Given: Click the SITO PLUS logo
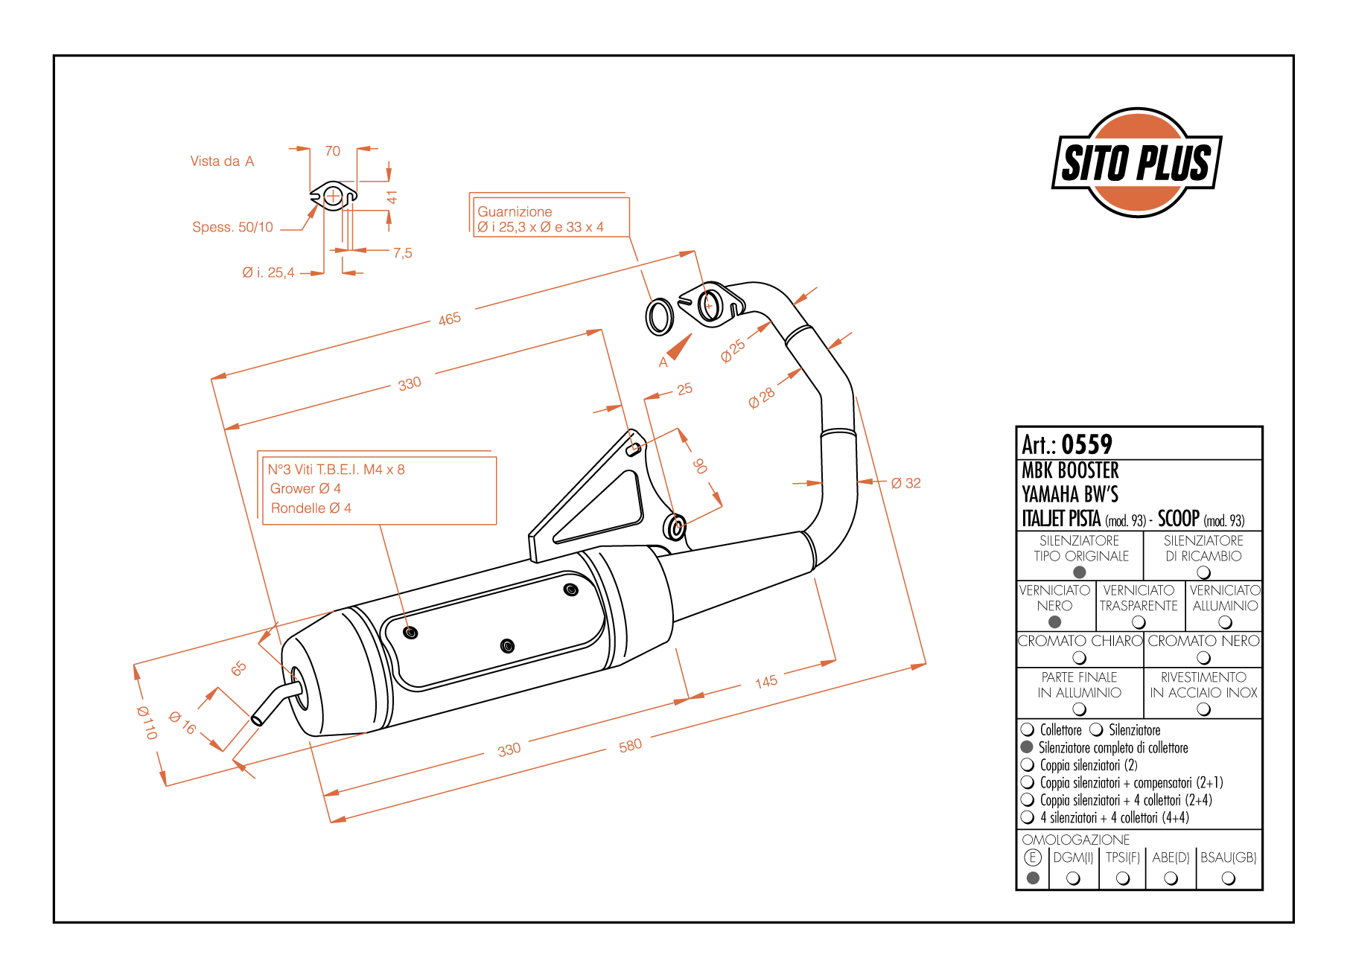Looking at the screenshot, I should [1136, 162].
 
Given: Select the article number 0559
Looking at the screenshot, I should [1086, 445].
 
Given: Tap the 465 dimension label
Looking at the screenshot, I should [450, 319].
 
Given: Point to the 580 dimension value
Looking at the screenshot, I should [630, 745].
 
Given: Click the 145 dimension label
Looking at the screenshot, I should [766, 682].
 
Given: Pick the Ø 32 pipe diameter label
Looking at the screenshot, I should [905, 483].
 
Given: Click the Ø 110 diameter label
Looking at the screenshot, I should [147, 723].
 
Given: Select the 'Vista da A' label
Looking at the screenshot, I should [222, 162].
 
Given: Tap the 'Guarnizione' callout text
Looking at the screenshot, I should [515, 212].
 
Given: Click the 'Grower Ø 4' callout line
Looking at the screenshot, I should [305, 489].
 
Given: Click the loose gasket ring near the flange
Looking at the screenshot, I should [659, 316].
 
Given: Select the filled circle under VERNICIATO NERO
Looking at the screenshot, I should [1054, 622].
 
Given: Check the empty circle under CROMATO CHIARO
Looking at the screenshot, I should [1079, 658].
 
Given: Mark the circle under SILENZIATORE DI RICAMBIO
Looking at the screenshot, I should [1203, 572].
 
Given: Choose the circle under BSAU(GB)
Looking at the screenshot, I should [1229, 878].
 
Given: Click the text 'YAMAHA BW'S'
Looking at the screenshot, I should [1070, 494].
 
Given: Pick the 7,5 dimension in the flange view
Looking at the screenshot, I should [402, 253].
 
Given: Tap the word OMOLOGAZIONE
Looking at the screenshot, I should [1076, 840].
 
